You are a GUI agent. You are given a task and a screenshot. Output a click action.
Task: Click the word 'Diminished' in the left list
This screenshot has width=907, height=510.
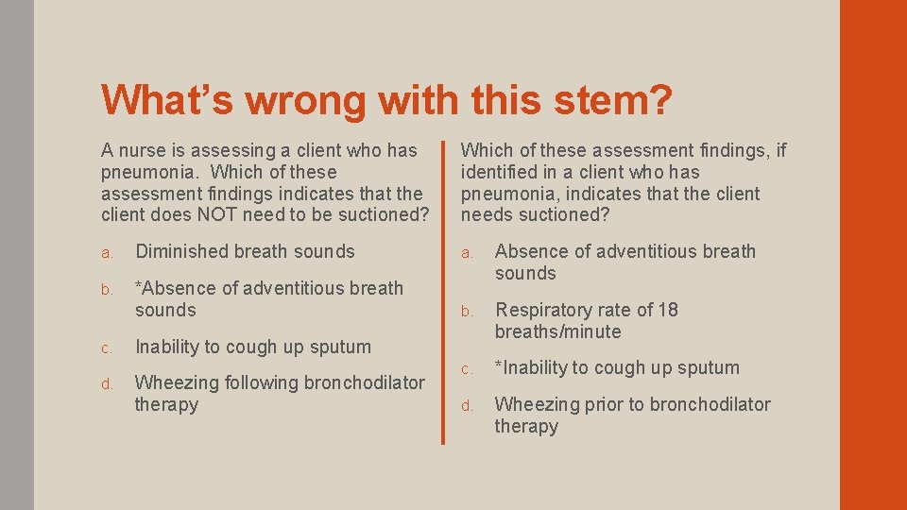coord(181,251)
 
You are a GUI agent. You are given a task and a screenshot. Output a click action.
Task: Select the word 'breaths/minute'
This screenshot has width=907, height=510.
coord(557,331)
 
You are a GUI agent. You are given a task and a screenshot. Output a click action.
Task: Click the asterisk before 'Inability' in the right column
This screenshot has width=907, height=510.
coord(499,366)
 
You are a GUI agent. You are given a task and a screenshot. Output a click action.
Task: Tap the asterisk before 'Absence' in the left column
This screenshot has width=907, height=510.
coord(139,287)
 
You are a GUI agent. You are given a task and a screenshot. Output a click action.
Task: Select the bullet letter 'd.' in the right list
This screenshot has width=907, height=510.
coord(466,406)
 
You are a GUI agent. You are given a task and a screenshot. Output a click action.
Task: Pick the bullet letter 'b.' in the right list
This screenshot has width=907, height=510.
coord(466,312)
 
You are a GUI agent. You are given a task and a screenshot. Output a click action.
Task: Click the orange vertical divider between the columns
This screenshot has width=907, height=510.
coord(442,293)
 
